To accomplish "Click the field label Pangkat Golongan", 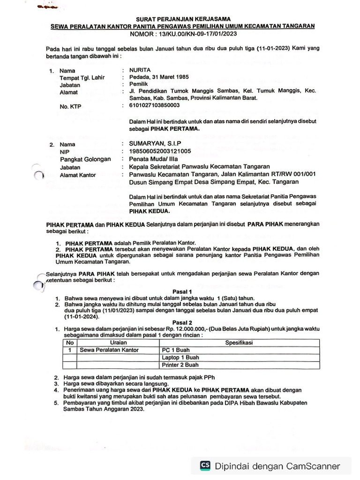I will pyautogui.click(x=85, y=159).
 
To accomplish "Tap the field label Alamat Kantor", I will pyautogui.click(x=78, y=175).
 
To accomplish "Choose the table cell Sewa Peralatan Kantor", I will pyautogui.click(x=106, y=350).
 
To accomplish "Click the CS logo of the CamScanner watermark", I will pyautogui.click(x=205, y=465).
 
